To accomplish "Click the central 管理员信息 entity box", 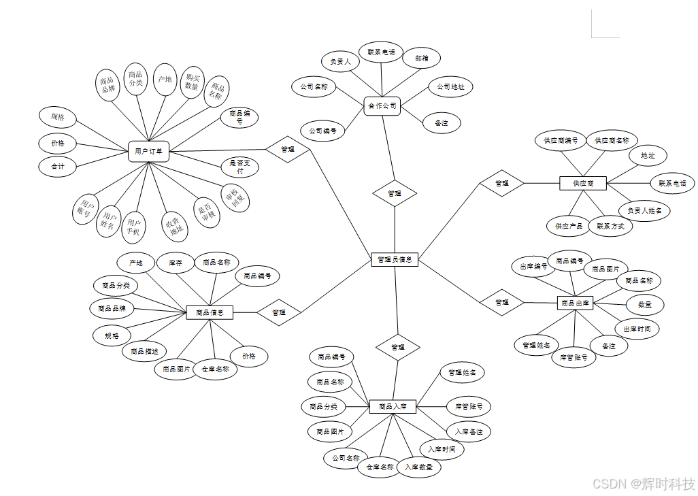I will (x=395, y=259).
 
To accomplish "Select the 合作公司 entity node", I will (x=382, y=105).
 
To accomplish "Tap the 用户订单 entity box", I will (x=148, y=151).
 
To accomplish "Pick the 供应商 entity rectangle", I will (x=583, y=183).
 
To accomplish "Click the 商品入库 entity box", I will (x=393, y=406).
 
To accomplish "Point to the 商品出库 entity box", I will (x=575, y=303).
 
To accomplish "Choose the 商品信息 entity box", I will (x=210, y=312).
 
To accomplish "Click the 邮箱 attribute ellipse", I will (x=421, y=59).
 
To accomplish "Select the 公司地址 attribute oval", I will (x=450, y=87).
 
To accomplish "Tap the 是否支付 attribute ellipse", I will (x=240, y=167).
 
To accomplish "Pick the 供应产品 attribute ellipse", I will (x=569, y=226).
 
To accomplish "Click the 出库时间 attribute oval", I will (x=637, y=329).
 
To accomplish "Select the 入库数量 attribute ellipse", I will (x=419, y=467).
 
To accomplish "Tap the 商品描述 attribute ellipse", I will (x=144, y=351).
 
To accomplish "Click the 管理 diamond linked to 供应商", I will (x=501, y=183).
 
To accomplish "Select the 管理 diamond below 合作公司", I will (x=395, y=193).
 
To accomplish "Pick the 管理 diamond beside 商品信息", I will (x=278, y=312).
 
